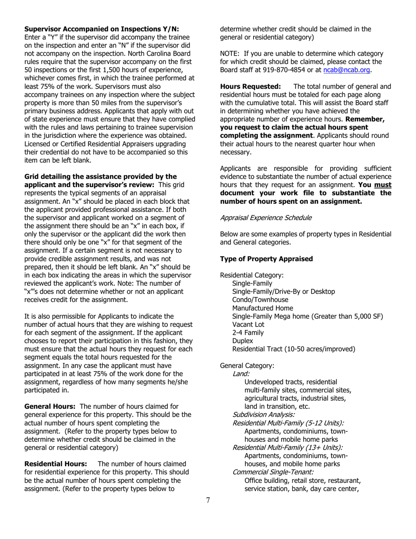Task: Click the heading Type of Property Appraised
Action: click(266, 259)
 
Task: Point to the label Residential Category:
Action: click(252, 275)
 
